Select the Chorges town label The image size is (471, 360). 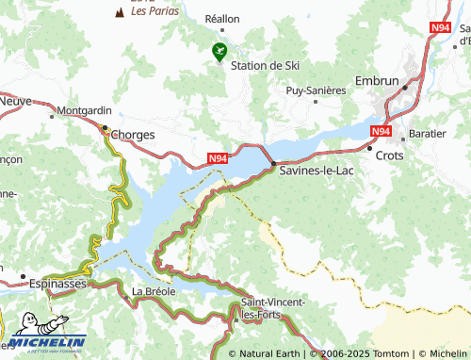(x=132, y=135)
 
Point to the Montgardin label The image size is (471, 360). (x=84, y=110)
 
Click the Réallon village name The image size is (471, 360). (x=222, y=19)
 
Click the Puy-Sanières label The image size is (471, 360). (x=316, y=90)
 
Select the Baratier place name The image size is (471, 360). (x=428, y=134)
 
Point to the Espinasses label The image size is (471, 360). (x=57, y=283)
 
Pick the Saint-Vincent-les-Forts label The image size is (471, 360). (x=272, y=307)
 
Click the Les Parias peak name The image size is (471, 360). (x=152, y=12)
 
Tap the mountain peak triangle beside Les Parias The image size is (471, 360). (x=119, y=12)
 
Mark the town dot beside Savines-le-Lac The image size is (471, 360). (x=273, y=164)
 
